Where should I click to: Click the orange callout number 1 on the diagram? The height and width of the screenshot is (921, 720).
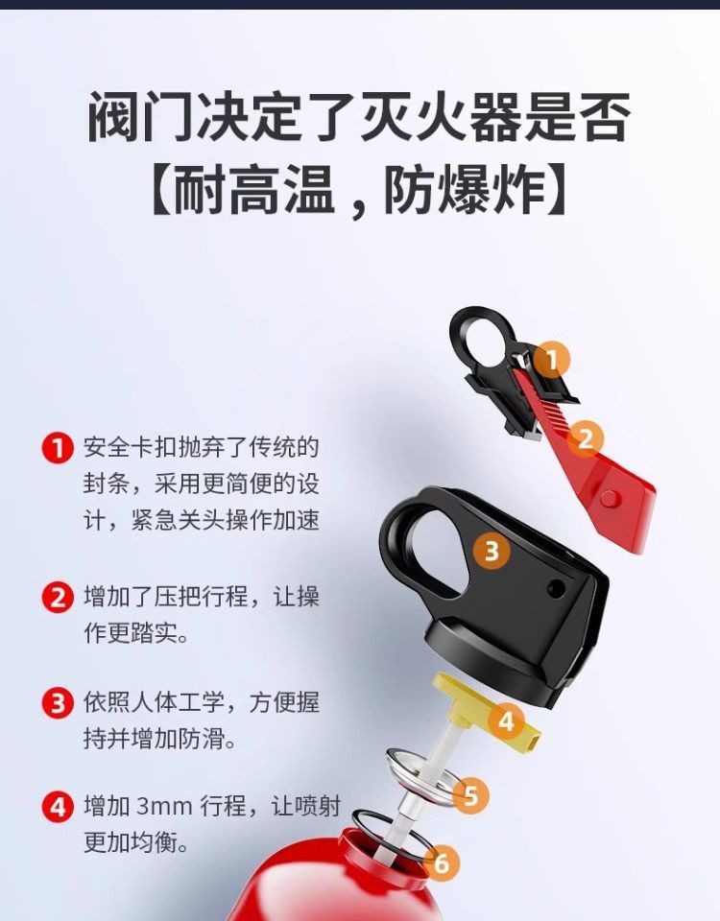pyautogui.click(x=552, y=360)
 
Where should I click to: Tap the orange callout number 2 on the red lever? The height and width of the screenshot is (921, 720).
pyautogui.click(x=585, y=438)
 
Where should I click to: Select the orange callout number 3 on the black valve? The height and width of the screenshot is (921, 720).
pyautogui.click(x=492, y=551)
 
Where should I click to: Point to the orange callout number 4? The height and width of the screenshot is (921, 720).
pyautogui.click(x=506, y=720)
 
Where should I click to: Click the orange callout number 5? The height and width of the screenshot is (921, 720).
pyautogui.click(x=470, y=796)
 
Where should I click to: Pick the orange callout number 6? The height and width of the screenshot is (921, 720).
pyautogui.click(x=442, y=862)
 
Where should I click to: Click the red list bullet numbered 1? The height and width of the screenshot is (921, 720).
pyautogui.click(x=58, y=448)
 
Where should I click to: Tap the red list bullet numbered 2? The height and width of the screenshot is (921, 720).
pyautogui.click(x=58, y=598)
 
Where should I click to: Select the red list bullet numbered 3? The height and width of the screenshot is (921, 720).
pyautogui.click(x=58, y=702)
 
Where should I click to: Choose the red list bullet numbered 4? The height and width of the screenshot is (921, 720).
pyautogui.click(x=58, y=807)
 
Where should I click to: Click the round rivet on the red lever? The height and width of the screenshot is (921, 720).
pyautogui.click(x=611, y=499)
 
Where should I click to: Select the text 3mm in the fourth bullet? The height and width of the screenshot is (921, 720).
pyautogui.click(x=164, y=807)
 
